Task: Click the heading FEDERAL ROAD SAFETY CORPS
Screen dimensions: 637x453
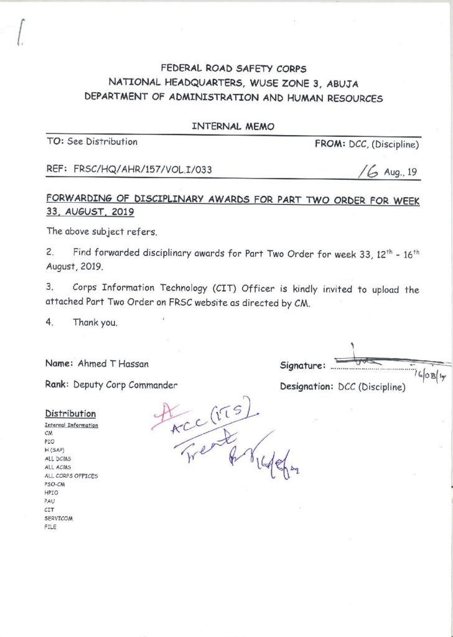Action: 233,68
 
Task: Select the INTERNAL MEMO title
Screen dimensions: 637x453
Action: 233,126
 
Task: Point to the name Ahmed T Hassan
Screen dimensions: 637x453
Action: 113,363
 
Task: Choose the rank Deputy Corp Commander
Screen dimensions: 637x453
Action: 125,384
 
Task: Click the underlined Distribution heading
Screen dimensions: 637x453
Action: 70,414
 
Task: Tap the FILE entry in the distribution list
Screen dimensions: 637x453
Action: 50,527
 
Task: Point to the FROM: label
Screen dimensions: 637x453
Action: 330,144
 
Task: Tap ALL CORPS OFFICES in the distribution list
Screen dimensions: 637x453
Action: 72,475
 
